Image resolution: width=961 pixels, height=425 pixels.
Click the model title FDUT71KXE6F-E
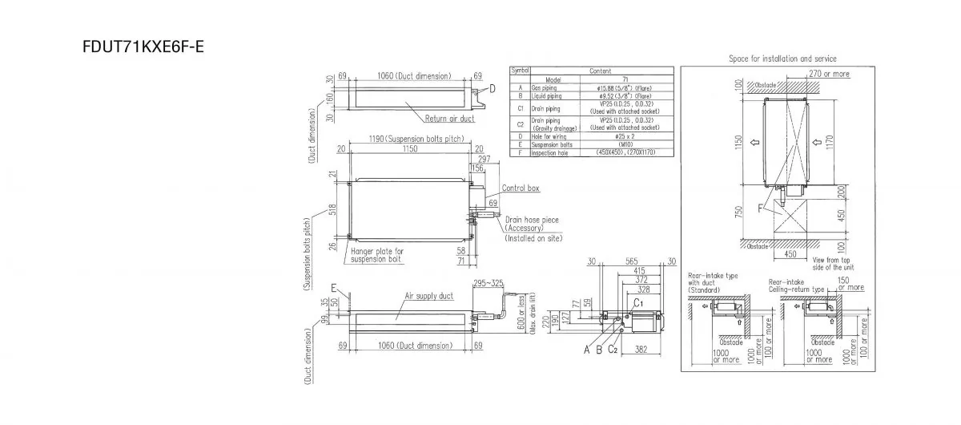click(143, 46)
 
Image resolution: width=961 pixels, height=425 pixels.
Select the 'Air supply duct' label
click(428, 296)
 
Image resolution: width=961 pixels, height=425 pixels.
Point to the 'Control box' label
click(521, 188)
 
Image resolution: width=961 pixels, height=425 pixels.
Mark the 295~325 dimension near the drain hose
click(489, 284)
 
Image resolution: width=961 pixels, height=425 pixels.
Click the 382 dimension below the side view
click(641, 350)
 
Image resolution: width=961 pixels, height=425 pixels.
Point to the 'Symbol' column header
click(520, 71)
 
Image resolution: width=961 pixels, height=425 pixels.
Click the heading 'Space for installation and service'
click(782, 59)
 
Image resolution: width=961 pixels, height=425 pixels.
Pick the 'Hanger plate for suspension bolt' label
click(378, 256)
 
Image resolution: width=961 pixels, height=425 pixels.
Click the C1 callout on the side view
click(638, 304)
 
